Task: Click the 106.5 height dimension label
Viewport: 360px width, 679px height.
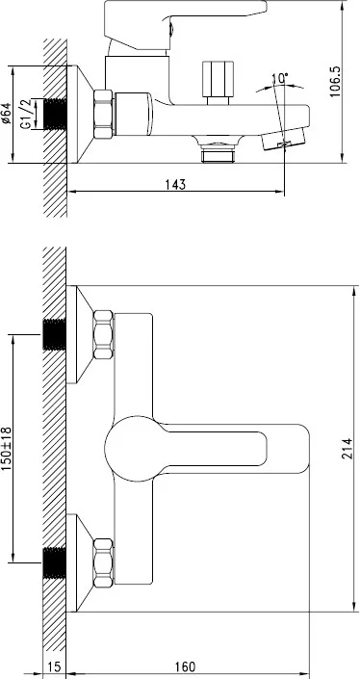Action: click(x=335, y=82)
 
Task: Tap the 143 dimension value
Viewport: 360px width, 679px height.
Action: click(x=176, y=184)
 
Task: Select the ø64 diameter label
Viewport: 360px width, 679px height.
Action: click(x=6, y=114)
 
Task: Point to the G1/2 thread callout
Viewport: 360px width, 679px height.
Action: click(x=27, y=114)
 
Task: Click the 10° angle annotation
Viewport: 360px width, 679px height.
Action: click(x=280, y=79)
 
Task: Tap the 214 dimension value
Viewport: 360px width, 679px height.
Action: click(x=347, y=448)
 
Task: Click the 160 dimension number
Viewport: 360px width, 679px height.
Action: click(x=185, y=666)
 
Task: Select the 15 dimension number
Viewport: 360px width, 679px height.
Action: click(x=54, y=666)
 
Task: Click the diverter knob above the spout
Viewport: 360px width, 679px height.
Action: click(x=218, y=82)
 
